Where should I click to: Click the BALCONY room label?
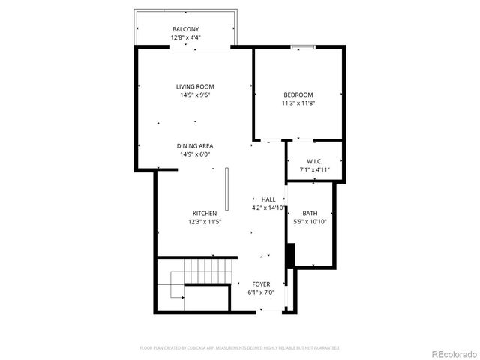pos(185,29)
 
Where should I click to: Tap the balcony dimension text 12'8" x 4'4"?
pos(185,37)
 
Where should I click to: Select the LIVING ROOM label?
pos(195,87)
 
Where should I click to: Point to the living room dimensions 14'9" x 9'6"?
pos(195,95)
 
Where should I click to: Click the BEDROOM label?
pos(298,94)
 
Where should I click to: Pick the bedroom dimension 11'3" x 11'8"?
pos(298,103)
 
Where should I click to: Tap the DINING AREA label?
pos(195,146)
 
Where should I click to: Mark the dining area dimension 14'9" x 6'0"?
pos(195,154)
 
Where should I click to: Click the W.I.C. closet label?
pos(314,162)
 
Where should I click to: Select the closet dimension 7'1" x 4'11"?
pos(314,170)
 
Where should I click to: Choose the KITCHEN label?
pos(205,214)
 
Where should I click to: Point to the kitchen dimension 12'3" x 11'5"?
pos(205,222)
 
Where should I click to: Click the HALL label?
pos(268,199)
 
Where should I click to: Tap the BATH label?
pos(310,214)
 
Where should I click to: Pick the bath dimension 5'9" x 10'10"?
pos(310,222)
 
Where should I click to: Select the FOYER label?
pos(261,284)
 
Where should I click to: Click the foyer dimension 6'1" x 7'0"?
pos(261,292)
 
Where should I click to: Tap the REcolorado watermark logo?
pos(452,354)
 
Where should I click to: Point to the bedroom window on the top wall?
pos(302,48)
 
